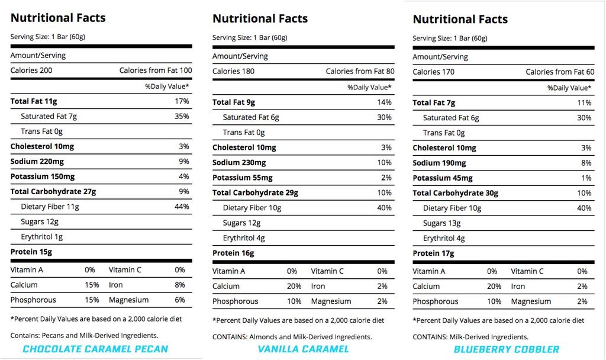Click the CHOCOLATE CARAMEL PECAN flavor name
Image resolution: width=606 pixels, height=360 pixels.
click(95, 349)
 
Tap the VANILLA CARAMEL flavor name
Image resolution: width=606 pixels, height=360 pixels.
click(303, 349)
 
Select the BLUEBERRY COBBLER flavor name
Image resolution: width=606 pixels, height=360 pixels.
click(506, 349)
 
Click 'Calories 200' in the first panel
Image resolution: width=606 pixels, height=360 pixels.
click(32, 70)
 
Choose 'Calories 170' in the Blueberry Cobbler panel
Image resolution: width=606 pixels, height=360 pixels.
click(434, 72)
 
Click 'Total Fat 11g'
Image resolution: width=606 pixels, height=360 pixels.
click(34, 101)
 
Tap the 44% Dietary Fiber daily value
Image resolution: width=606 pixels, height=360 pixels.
click(181, 207)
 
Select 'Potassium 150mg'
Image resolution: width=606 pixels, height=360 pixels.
click(42, 176)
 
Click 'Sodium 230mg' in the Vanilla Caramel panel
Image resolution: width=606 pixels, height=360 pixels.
click(239, 162)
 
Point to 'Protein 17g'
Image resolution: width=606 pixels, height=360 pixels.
click(433, 253)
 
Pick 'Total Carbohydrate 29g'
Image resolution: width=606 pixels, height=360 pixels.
click(255, 192)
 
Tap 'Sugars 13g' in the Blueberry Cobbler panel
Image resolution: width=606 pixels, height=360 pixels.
click(441, 223)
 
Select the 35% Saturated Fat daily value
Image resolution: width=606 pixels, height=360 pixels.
click(181, 116)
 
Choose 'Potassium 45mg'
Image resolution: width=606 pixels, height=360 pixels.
click(443, 178)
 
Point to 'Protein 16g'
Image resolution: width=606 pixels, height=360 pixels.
click(233, 253)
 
